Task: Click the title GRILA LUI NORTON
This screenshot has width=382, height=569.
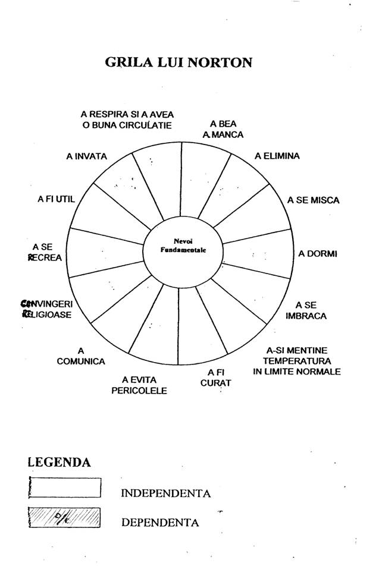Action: [179, 62]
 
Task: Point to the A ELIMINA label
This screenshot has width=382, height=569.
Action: [277, 156]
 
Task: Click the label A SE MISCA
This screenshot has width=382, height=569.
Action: [314, 200]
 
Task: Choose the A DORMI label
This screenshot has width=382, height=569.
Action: [318, 254]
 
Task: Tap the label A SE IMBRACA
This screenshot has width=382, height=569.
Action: [306, 310]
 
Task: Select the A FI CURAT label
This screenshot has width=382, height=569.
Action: [215, 378]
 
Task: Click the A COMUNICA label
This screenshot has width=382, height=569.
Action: [81, 356]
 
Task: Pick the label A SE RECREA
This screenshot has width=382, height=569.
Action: [45, 252]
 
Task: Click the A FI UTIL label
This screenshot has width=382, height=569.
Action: [53, 199]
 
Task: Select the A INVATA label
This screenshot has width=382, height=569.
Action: [87, 156]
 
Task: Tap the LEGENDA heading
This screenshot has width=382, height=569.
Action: [60, 462]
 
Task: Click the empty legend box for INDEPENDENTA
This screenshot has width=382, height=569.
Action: [65, 488]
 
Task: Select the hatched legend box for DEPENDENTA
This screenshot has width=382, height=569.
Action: [65, 517]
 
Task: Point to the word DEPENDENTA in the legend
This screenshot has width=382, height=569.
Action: [160, 523]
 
